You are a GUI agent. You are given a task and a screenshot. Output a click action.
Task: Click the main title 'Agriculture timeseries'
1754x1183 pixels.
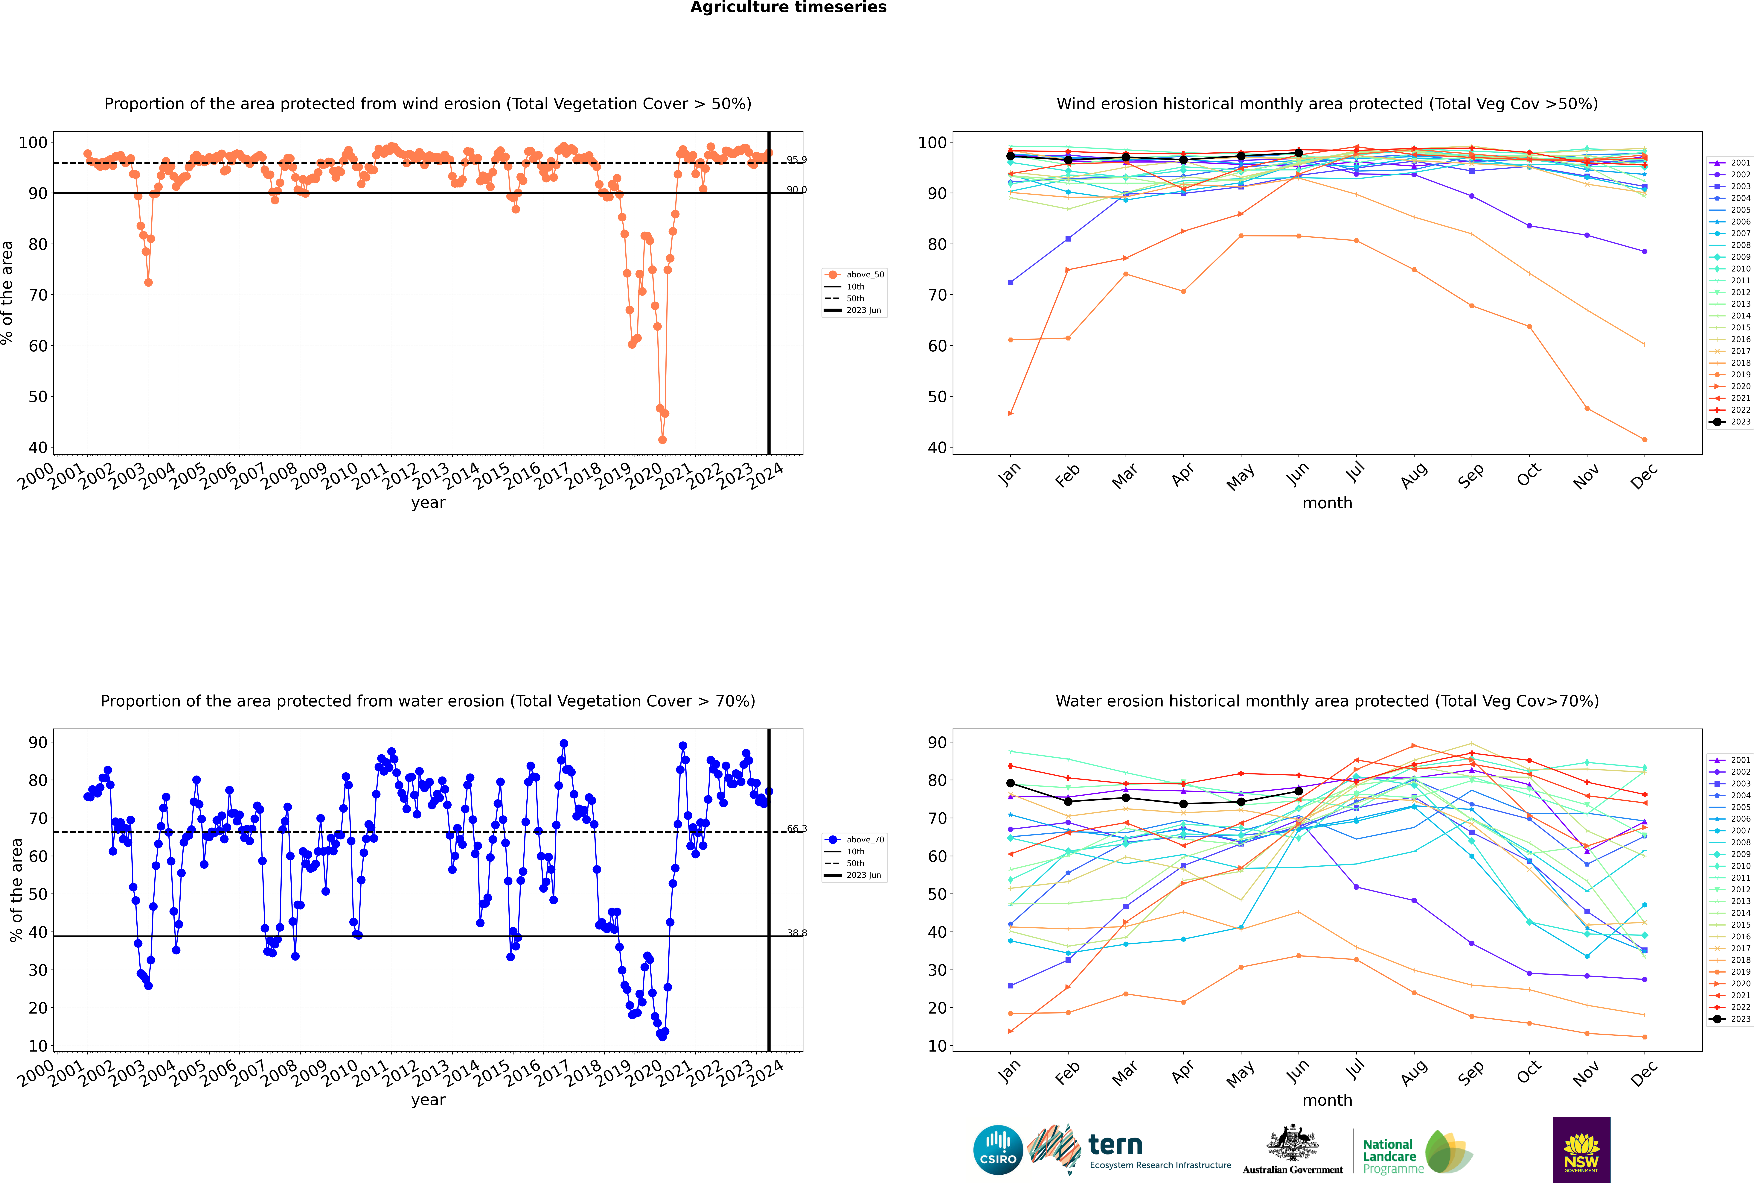[788, 7]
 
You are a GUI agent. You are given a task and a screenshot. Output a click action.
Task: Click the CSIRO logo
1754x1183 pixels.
[998, 1150]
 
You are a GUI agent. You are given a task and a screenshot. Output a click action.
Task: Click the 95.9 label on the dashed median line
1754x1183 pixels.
[796, 160]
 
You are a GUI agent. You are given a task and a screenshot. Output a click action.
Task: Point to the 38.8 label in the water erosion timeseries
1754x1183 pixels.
[796, 933]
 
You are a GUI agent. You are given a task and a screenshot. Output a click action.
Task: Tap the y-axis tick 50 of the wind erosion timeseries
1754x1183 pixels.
[38, 397]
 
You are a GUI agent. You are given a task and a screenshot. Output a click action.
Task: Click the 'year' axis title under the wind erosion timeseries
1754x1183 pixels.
[428, 503]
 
